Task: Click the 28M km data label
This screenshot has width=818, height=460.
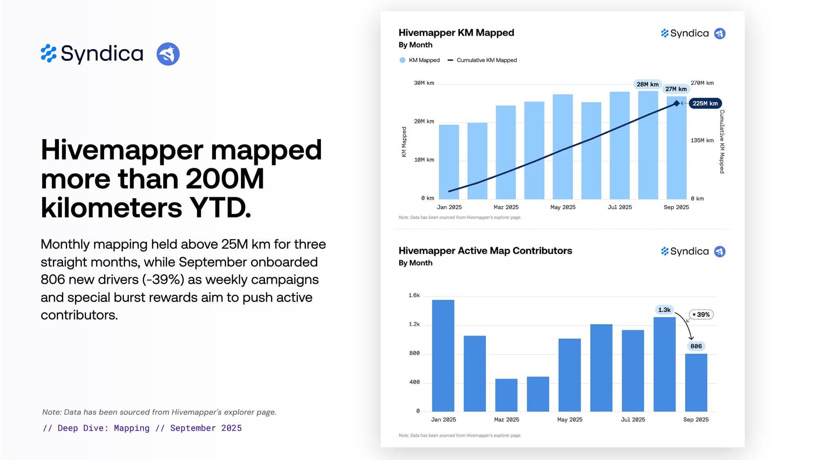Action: tap(647, 84)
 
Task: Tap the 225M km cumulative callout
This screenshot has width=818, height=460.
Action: tap(705, 103)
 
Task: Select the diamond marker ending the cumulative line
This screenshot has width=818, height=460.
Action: tap(676, 103)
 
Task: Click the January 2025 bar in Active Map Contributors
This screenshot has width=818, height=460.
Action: tap(443, 356)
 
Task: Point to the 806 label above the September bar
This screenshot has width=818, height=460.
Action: tap(696, 346)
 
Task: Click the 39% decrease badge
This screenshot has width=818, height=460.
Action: tap(701, 314)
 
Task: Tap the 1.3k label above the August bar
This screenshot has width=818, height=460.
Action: tap(664, 310)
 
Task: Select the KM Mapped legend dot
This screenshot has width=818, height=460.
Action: tap(402, 60)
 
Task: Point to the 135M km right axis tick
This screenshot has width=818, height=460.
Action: tap(702, 140)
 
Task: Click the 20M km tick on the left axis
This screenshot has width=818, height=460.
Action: tap(424, 121)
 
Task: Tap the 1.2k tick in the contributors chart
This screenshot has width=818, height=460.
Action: tap(414, 324)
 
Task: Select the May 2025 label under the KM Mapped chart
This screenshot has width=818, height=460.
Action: tap(563, 207)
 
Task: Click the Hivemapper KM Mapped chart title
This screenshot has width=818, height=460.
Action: tap(456, 33)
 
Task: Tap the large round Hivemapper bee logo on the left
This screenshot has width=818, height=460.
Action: tap(168, 54)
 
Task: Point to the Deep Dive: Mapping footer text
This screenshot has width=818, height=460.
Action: tap(142, 428)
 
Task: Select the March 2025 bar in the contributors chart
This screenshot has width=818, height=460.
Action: tap(506, 395)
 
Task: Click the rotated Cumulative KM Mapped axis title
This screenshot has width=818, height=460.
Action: tap(722, 141)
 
